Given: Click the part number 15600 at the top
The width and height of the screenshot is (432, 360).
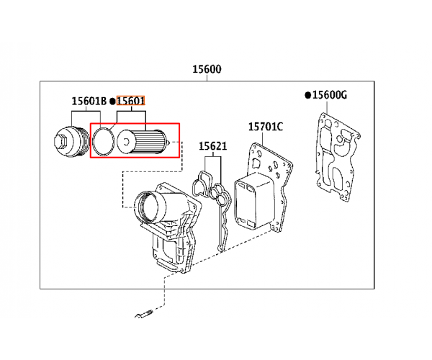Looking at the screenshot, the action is pos(207,69).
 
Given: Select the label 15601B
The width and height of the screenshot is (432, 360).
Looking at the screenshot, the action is pos(89,101).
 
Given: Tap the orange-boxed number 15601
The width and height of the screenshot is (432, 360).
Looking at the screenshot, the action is pos(130,101).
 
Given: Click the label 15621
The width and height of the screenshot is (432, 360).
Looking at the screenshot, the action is pos(213,146).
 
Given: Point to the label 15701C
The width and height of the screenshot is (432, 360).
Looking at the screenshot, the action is pos(266,127).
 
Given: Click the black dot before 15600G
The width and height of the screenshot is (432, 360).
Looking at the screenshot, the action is pos(308,95).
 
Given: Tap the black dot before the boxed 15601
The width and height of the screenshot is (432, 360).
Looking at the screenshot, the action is pos(112,102).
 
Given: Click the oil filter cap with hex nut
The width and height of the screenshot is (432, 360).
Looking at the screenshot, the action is pos(72,142).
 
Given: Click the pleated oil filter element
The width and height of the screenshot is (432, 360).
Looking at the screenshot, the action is pos(143,142).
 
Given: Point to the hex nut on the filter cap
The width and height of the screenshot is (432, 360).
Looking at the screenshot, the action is pos(62,141).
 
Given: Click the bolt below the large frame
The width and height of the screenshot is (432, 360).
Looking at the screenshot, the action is pos(144,314).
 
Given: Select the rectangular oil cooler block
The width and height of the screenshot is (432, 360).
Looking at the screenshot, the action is pos(254,201).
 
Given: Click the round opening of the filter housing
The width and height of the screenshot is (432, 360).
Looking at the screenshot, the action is pos(147,207).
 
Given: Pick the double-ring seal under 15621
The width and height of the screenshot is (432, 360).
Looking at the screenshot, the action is pos(219,194).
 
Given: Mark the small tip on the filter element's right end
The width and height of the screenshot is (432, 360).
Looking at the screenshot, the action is pos(168,142).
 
